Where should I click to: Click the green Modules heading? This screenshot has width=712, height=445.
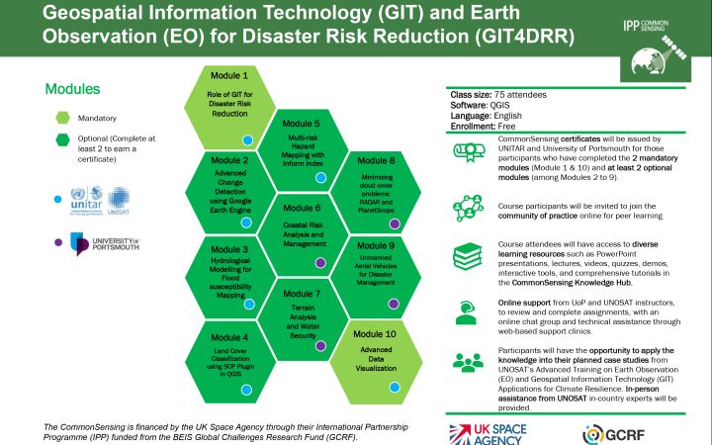point(72,89)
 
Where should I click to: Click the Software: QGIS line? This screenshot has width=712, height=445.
point(478,105)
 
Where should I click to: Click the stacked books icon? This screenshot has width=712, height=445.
point(469,259)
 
